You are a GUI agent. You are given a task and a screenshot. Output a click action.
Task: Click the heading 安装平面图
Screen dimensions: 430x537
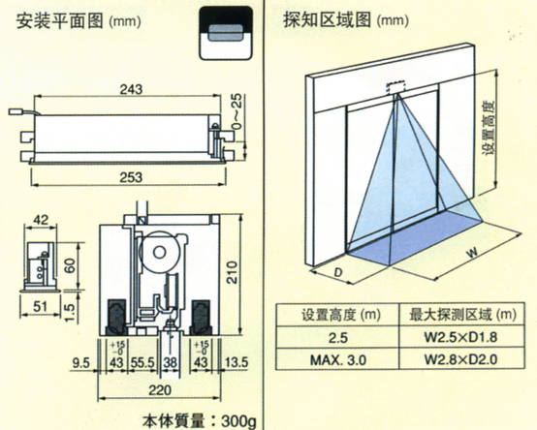tap(54, 19)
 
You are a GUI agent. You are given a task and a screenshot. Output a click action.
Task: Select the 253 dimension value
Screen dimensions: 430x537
tap(131, 176)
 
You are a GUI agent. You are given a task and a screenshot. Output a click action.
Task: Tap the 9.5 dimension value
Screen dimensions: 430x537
tap(81, 363)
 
